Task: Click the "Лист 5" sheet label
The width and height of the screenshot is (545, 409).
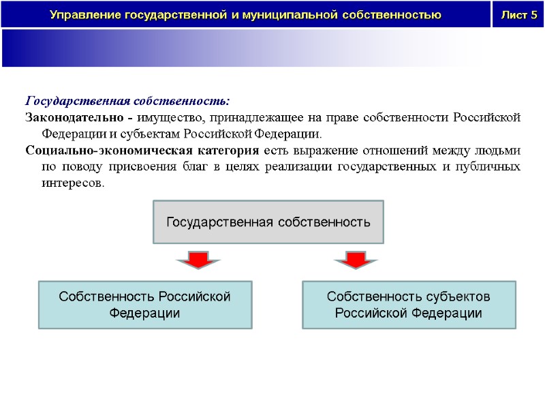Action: pyautogui.click(x=519, y=15)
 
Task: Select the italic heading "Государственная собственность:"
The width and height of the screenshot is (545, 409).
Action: pyautogui.click(x=127, y=102)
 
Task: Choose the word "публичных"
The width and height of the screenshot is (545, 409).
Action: pyautogui.click(x=493, y=167)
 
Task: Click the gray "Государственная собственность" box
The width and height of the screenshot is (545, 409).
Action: pyautogui.click(x=268, y=222)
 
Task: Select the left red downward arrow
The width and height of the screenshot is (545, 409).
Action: pyautogui.click(x=198, y=259)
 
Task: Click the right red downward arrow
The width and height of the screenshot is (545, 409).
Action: pyautogui.click(x=353, y=259)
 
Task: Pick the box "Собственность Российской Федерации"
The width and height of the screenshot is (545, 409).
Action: pyautogui.click(x=144, y=305)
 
